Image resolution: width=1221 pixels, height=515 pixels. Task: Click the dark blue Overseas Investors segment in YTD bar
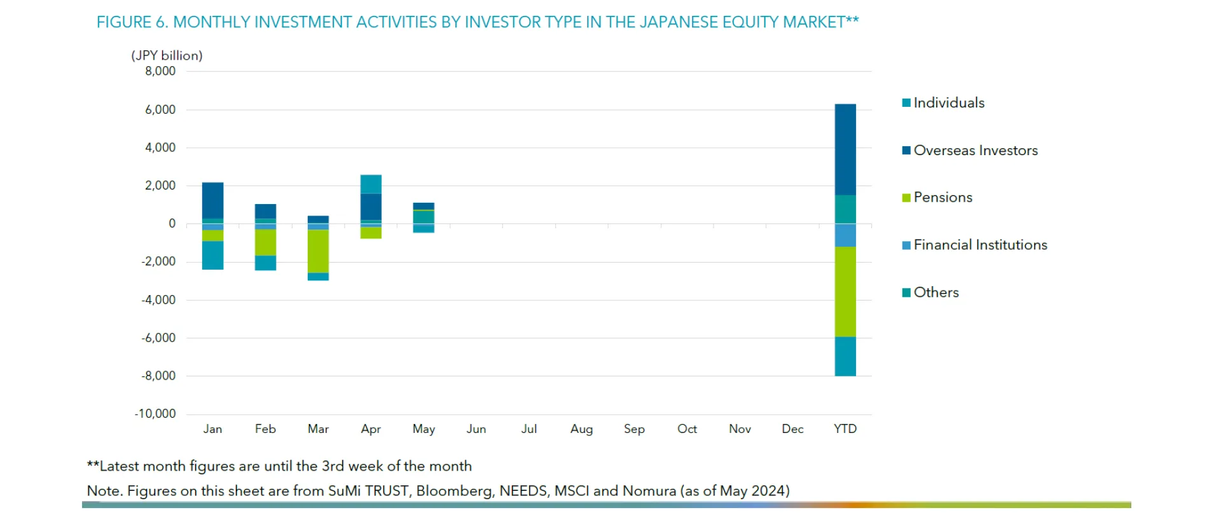coord(845,149)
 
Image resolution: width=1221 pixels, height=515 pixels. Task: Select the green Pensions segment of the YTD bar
coord(845,292)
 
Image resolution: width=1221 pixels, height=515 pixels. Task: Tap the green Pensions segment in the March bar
coord(318,251)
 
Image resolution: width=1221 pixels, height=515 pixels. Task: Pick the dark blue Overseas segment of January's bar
coord(212,200)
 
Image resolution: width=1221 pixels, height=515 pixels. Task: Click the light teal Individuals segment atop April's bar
coord(371,184)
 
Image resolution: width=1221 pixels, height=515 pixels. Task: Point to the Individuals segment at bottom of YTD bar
coord(845,357)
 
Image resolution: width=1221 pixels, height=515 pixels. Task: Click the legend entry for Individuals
coord(948,103)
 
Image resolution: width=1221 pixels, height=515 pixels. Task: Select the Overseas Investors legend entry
coord(975,151)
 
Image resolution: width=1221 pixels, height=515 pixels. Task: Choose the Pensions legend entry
coord(942,198)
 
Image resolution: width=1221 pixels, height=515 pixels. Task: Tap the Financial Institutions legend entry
coord(979,245)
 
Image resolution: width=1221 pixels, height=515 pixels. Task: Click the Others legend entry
coord(935,292)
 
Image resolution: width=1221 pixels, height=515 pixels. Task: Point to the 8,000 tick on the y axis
coord(160,71)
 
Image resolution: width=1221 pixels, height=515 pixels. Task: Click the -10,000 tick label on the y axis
coord(155,414)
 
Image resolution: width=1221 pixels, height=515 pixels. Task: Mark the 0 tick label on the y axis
coord(172,224)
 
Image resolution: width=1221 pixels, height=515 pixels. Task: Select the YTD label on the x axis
coord(845,429)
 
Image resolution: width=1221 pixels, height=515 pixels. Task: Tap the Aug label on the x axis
coord(581,429)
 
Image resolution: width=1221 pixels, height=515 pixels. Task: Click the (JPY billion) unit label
coord(167,56)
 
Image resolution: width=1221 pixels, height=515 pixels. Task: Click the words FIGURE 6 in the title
coord(132,22)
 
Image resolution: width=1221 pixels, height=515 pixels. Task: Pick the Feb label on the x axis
coord(265,429)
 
